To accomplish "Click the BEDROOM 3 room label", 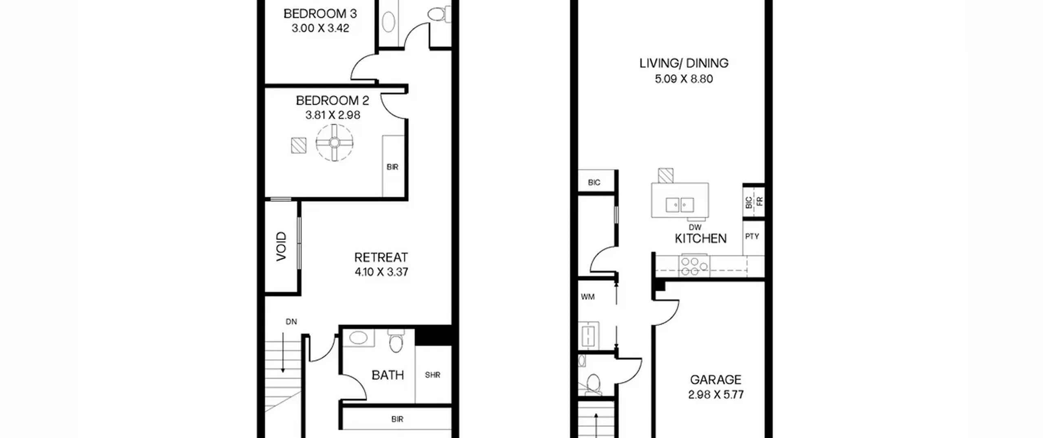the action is pyautogui.click(x=320, y=14).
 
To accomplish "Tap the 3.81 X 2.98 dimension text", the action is pyautogui.click(x=333, y=115).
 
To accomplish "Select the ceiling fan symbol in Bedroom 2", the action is pyautogui.click(x=334, y=143).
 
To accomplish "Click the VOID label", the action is pyautogui.click(x=282, y=247).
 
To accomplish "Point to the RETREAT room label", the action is pyautogui.click(x=381, y=258).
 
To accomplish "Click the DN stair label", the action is pyautogui.click(x=291, y=322).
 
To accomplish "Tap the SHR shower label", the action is pyautogui.click(x=433, y=375).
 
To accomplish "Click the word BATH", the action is pyautogui.click(x=388, y=375).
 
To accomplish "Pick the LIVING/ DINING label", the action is pyautogui.click(x=684, y=63).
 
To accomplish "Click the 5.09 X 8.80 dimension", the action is pyautogui.click(x=684, y=79).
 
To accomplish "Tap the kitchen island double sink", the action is pyautogui.click(x=680, y=205).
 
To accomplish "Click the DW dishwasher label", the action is pyautogui.click(x=695, y=228).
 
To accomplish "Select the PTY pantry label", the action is pyautogui.click(x=752, y=236).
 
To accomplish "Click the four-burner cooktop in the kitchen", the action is pyautogui.click(x=694, y=266).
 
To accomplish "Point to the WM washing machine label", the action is pyautogui.click(x=588, y=297).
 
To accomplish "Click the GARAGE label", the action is pyautogui.click(x=715, y=380).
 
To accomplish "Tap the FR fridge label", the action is pyautogui.click(x=760, y=201).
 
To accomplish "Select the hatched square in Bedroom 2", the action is pyautogui.click(x=299, y=145).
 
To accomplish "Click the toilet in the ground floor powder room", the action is pyautogui.click(x=593, y=385).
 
